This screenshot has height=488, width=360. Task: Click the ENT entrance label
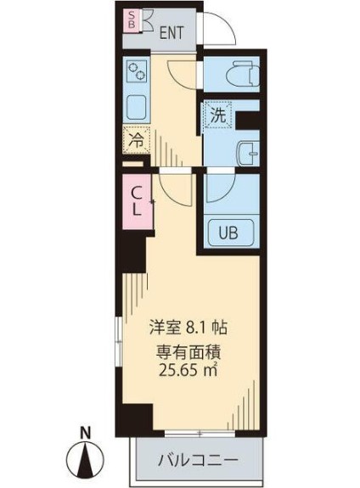pos(172,33)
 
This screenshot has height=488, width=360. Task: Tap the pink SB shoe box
pos(132,20)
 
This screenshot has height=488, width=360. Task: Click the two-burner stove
pos(137,71)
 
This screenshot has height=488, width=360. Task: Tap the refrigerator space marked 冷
pos(137,140)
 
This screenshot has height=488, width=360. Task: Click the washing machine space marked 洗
pos(218,115)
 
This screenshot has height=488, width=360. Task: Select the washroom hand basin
pos(249,153)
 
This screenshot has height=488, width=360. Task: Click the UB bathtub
pos(231,233)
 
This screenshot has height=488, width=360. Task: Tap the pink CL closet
pos(138,202)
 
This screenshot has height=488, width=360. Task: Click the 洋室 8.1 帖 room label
pos(188,328)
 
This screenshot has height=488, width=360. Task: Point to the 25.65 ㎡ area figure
pos(188,370)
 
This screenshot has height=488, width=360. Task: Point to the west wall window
pos(119,341)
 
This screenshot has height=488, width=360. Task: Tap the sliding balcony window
pos(200,433)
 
